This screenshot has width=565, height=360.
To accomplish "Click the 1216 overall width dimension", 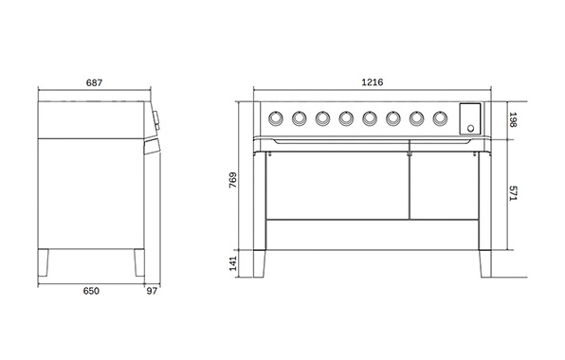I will [x=373, y=83].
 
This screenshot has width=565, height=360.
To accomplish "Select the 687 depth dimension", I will [x=94, y=83].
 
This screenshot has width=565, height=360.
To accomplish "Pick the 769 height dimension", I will [x=233, y=182].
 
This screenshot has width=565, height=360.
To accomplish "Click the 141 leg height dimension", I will [x=233, y=263].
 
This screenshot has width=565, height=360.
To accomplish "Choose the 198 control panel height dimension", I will [x=514, y=119].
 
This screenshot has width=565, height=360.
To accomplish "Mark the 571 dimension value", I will [x=514, y=192].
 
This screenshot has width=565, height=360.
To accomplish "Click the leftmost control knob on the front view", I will [x=276, y=117].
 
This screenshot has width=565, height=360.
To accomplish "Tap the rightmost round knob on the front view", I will [x=440, y=117].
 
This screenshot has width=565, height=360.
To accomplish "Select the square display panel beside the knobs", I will [x=470, y=117].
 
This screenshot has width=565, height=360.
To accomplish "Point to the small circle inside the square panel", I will [x=470, y=125].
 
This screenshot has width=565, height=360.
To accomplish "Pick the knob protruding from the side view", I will [x=155, y=118].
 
